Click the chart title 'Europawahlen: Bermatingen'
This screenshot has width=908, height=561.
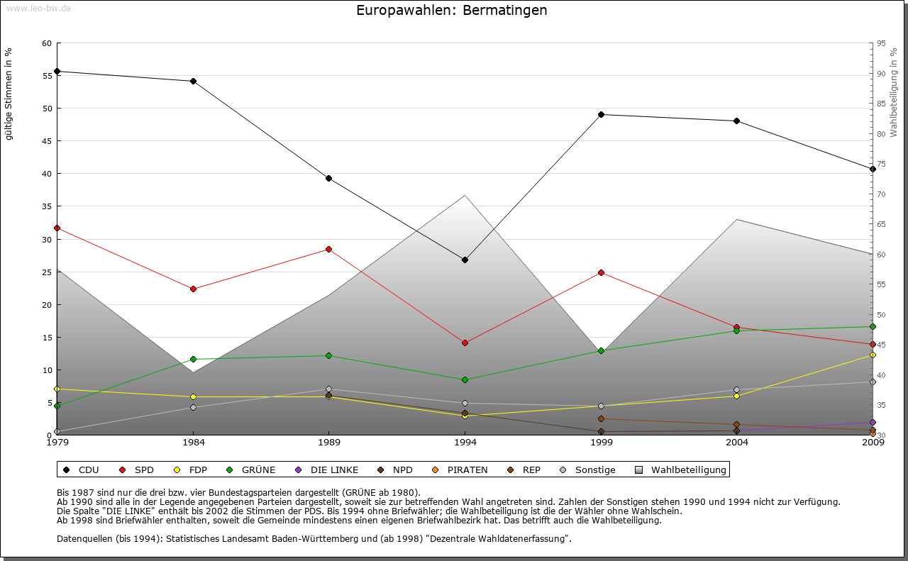(x=452, y=11)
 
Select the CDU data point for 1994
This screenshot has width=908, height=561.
(x=465, y=260)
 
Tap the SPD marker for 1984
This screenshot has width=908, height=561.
(x=193, y=289)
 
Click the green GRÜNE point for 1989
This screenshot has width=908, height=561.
(x=328, y=355)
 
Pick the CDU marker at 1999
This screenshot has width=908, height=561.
(x=601, y=114)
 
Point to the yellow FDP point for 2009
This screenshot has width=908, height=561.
(x=873, y=355)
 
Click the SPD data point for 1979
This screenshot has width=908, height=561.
(x=57, y=228)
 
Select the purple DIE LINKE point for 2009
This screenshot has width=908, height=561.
(x=873, y=422)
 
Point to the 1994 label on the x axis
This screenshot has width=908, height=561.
(x=465, y=443)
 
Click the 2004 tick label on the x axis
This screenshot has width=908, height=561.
(x=737, y=443)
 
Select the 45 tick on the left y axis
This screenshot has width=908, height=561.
(x=47, y=141)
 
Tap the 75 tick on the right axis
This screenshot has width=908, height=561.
(x=881, y=164)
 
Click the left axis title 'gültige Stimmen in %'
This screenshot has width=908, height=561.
(x=9, y=94)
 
